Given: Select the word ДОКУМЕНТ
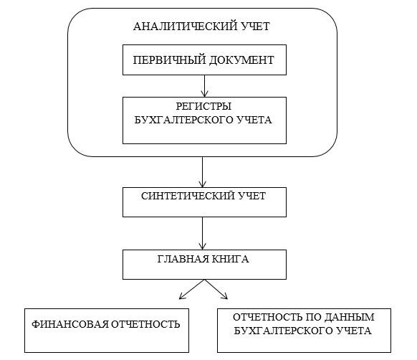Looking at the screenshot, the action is tap(241, 60).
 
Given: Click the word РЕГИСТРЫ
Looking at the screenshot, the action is tap(203, 107).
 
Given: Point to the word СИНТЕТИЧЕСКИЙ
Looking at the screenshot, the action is tap(188, 196).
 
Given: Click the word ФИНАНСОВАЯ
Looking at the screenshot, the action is tap(70, 324).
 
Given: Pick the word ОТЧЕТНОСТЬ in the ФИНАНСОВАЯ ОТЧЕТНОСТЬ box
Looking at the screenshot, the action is tap(145, 324).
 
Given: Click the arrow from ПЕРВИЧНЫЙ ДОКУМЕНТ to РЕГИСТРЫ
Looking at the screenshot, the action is tap(204, 86).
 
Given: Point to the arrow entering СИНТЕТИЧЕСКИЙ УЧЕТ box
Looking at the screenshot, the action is tap(202, 172).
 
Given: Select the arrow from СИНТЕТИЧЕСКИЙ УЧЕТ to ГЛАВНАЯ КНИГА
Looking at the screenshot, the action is tap(202, 233).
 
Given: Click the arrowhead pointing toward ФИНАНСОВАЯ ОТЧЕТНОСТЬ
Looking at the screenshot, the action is tap(182, 297).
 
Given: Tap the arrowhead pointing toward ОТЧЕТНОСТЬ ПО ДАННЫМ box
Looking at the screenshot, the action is tap(225, 297).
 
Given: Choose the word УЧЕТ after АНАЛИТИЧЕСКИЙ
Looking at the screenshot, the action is tap(255, 27).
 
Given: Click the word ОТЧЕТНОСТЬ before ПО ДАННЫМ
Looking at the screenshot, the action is tap(267, 318).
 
